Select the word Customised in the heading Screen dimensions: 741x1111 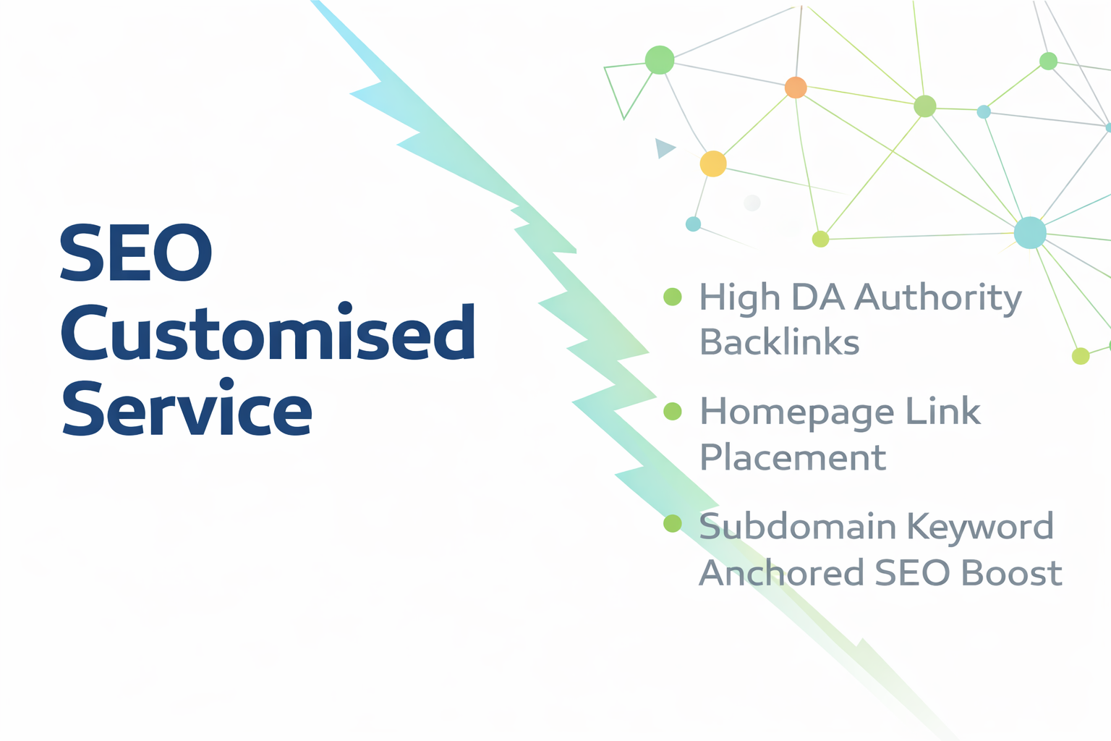point(268,333)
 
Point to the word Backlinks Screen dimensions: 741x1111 point(779,342)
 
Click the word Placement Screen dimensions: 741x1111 point(792,457)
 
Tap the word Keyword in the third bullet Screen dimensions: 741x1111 point(980,526)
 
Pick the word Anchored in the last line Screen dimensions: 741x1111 point(781,573)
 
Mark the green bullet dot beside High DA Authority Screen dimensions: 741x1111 point(673,297)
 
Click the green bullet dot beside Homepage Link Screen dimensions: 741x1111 point(673,412)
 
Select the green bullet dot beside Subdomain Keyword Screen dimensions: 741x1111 point(673,523)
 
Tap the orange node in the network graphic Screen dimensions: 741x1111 point(796,88)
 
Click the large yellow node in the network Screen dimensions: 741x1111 point(713,164)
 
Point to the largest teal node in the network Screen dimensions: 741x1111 point(1030,233)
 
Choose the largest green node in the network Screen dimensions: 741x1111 point(660,59)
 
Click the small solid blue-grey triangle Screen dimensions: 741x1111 point(663,148)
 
